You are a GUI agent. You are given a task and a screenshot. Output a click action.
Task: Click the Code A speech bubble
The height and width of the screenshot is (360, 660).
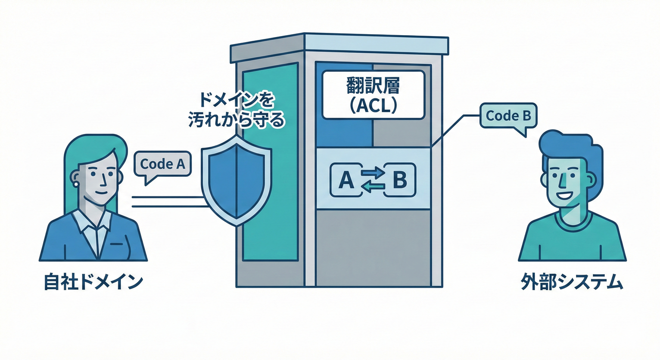(x=163, y=164)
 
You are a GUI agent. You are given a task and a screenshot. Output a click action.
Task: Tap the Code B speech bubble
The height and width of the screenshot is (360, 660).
(x=508, y=116)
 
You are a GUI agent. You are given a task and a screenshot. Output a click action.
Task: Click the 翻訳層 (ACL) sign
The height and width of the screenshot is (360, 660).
(x=373, y=95)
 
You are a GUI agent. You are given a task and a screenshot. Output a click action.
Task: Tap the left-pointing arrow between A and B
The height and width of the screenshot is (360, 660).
(x=373, y=187)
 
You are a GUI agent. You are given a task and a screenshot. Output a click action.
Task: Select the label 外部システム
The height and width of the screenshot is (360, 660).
(x=571, y=283)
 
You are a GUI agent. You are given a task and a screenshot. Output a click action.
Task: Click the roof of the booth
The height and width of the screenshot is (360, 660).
(x=339, y=47)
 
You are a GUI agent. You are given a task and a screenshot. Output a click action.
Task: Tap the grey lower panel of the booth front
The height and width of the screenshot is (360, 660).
(x=373, y=246)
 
